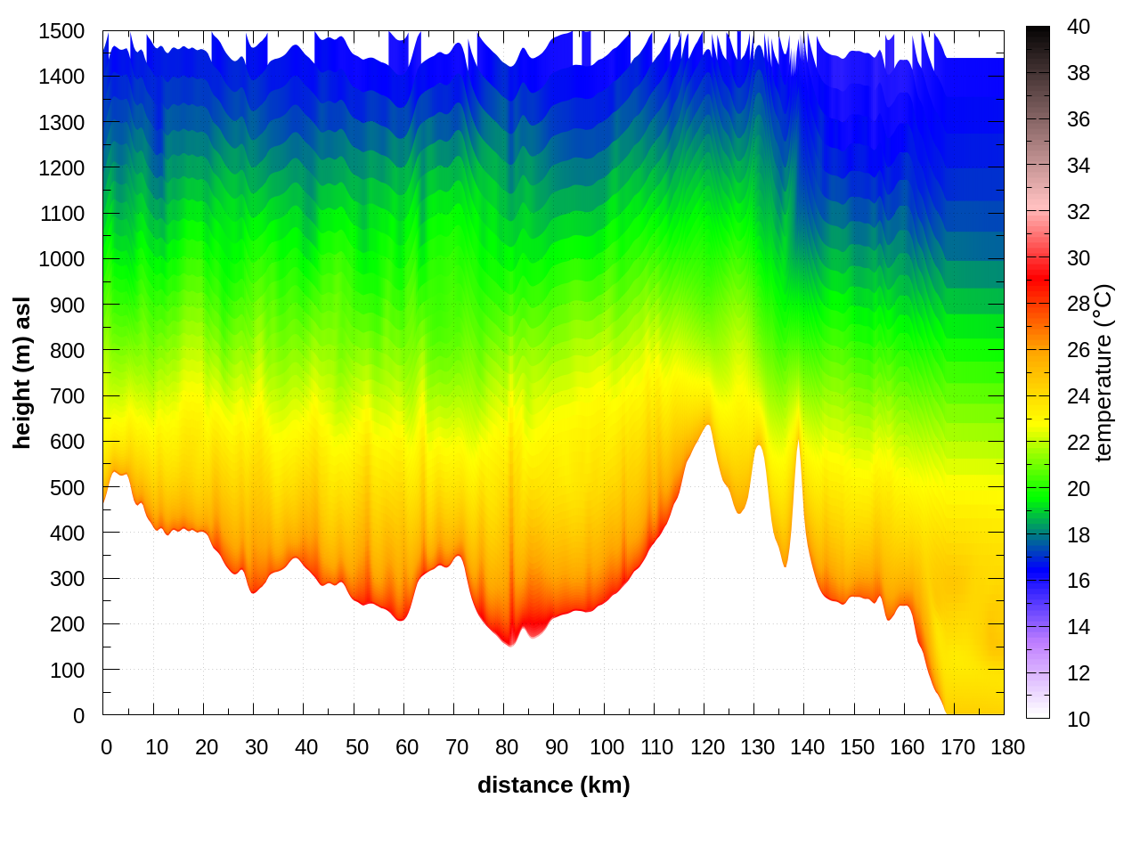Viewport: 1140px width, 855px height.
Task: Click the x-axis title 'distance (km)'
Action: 553,785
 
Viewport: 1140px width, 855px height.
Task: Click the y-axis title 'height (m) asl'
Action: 22,372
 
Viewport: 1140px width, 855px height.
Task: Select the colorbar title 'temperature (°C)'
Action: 1103,372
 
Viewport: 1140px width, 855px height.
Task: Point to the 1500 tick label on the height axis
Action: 61,31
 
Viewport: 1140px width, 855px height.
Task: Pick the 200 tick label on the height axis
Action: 68,624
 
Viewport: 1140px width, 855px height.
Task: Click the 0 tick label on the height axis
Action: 78,715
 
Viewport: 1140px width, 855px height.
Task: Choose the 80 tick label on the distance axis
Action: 507,747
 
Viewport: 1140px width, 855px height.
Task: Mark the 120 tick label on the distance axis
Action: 707,747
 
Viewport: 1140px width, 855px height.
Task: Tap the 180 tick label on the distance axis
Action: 1007,747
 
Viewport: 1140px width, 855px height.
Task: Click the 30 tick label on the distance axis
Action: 256,747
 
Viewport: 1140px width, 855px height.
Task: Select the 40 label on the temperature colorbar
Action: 1079,27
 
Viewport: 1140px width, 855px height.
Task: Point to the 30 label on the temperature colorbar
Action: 1079,258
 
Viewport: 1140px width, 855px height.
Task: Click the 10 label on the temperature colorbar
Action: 1079,719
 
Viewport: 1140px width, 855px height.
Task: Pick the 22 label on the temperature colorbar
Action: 1079,443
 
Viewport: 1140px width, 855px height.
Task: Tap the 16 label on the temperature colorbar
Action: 1079,581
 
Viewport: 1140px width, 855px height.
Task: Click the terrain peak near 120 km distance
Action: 708,427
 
